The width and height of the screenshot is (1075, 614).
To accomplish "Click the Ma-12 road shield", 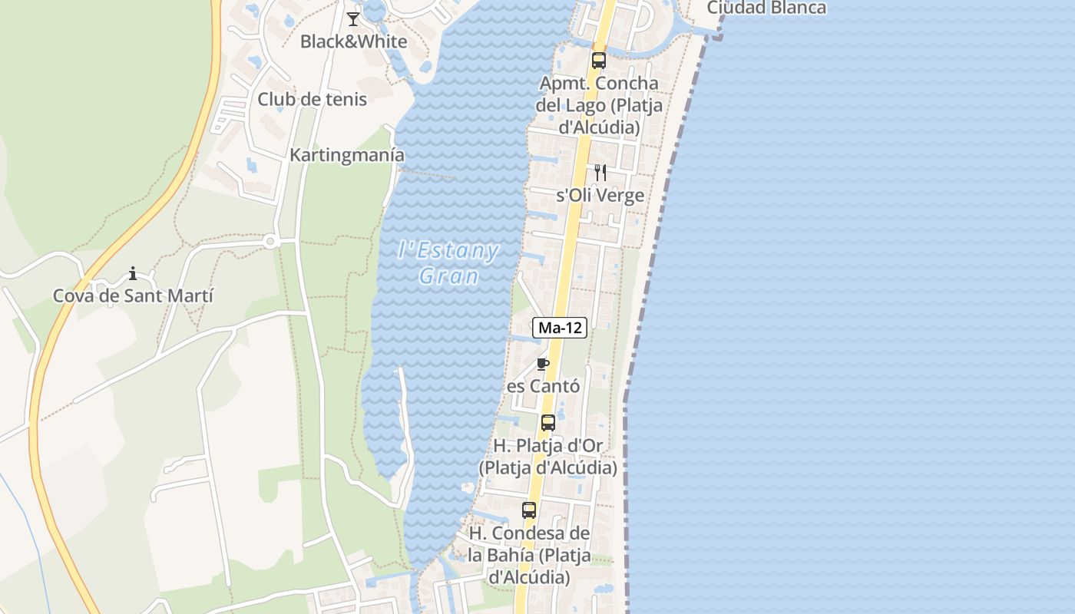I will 560,328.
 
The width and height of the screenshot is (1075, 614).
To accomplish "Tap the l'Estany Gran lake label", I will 449,263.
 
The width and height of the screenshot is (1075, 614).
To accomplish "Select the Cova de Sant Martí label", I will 133,295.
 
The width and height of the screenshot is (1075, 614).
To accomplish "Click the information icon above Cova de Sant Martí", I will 133,273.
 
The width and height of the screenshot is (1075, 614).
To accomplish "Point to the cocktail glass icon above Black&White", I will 353,19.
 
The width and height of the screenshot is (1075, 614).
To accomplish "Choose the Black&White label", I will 353,41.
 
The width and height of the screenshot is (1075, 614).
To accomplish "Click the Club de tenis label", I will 312,99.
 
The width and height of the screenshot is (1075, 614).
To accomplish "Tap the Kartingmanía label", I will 346,155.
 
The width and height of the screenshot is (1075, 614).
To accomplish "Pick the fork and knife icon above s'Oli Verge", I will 600,173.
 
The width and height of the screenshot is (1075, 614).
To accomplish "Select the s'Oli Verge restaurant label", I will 600,195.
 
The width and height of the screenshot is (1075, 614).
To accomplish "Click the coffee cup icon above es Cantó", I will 543,364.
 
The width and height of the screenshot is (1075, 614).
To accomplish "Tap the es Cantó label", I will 543,385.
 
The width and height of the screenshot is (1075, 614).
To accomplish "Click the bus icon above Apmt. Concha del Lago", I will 599,60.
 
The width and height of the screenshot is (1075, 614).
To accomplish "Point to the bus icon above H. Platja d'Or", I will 548,422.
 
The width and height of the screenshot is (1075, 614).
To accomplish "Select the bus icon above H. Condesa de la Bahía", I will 529,510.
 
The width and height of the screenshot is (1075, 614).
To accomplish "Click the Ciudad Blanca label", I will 766,8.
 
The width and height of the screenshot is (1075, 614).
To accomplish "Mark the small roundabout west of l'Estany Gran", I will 270,242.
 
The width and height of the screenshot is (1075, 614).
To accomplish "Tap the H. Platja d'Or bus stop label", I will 548,456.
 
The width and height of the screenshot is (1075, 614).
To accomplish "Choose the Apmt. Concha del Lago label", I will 599,105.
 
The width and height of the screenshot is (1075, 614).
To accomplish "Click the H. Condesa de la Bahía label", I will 529,555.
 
